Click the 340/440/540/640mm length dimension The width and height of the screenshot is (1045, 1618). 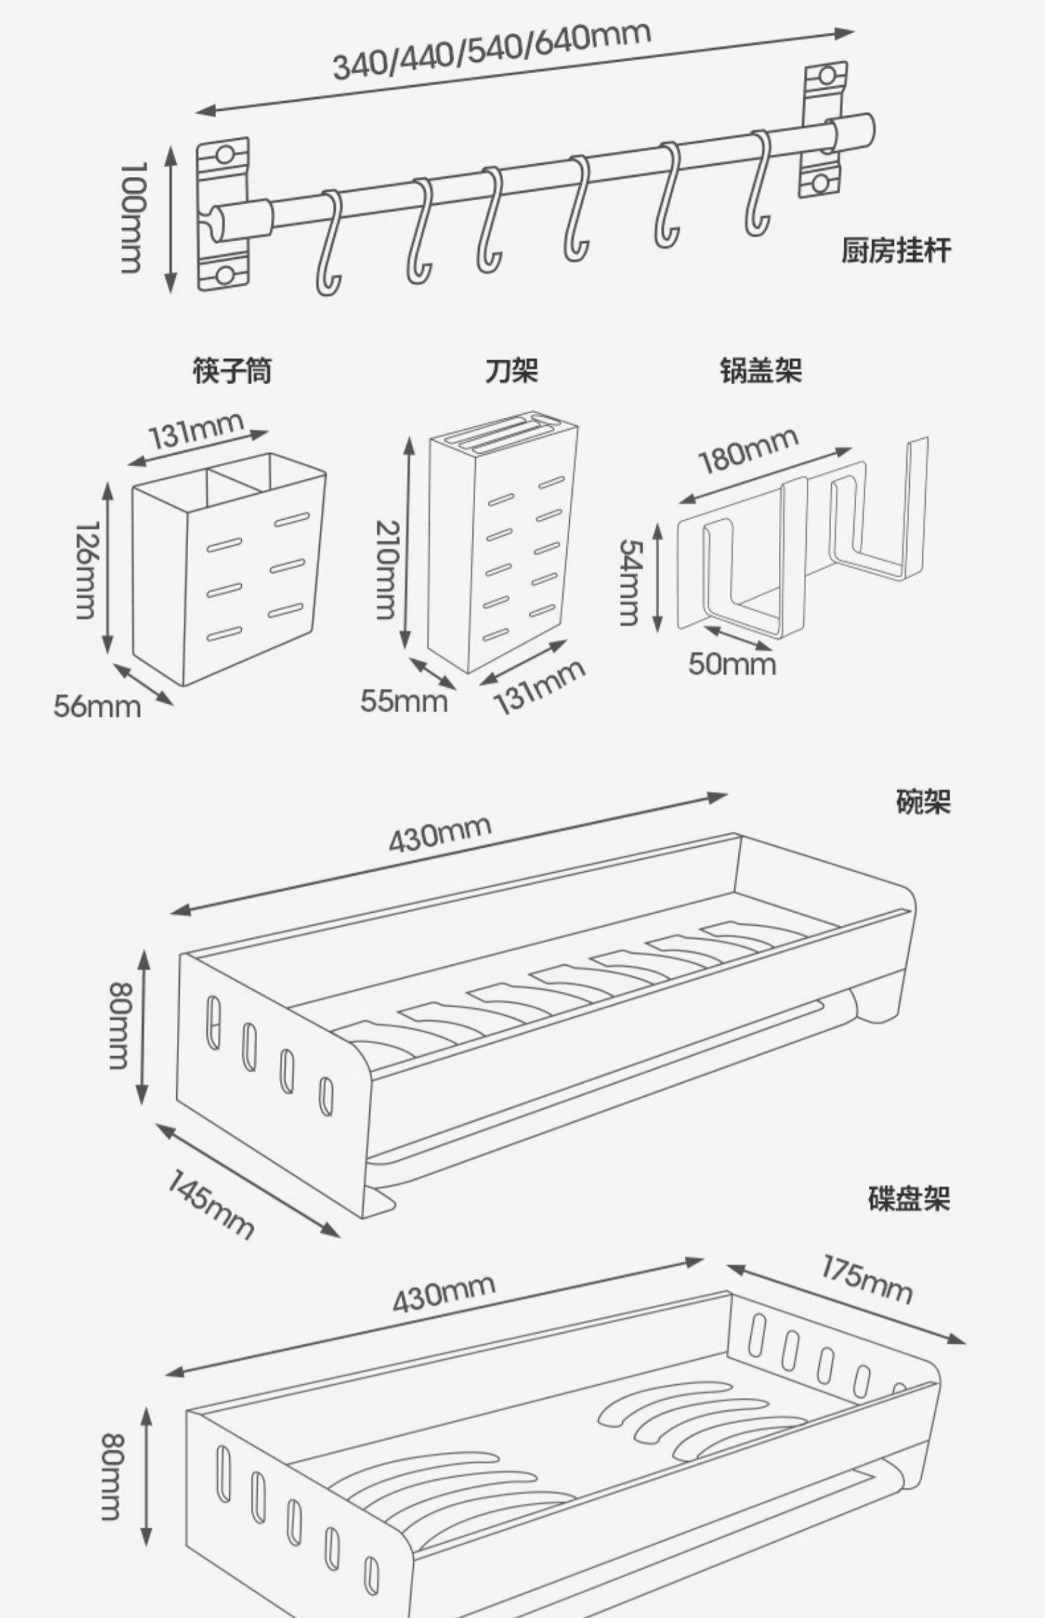[x=491, y=51]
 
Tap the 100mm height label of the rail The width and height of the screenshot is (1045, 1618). [x=132, y=217]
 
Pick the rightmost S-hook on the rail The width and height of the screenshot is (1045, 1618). [x=759, y=183]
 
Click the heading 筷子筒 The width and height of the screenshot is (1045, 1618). [x=232, y=371]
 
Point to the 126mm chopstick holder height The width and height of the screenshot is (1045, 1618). [x=87, y=570]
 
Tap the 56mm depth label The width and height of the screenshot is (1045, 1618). [x=97, y=707]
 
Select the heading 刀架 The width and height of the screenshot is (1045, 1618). [x=512, y=371]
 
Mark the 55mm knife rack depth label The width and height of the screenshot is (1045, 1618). [x=403, y=700]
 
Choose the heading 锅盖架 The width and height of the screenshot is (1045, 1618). [x=761, y=371]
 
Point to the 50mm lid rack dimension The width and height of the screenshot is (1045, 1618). [x=731, y=663]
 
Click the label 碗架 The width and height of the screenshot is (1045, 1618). [x=922, y=803]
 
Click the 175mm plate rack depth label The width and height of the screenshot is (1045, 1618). [x=866, y=1279]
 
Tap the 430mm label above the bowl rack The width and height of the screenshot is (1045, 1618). [x=440, y=833]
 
